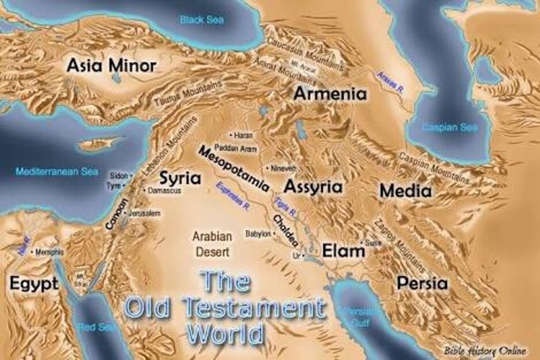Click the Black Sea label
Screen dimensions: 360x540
coord(202,20)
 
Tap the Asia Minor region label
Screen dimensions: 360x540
coord(112,66)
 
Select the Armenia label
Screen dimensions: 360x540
coord(330,93)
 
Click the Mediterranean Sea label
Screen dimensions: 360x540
coord(57,171)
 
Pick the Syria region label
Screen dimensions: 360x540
coord(180,178)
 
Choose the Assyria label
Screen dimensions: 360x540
coord(312,186)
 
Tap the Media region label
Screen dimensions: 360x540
coord(406,191)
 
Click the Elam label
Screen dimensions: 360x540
coord(343,251)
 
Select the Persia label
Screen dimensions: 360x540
coord(422,283)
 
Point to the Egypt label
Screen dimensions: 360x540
coord(34,284)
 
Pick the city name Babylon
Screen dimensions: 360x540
coord(258,234)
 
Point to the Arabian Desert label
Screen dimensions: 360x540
coord(212,243)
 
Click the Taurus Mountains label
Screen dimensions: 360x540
coord(188,94)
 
